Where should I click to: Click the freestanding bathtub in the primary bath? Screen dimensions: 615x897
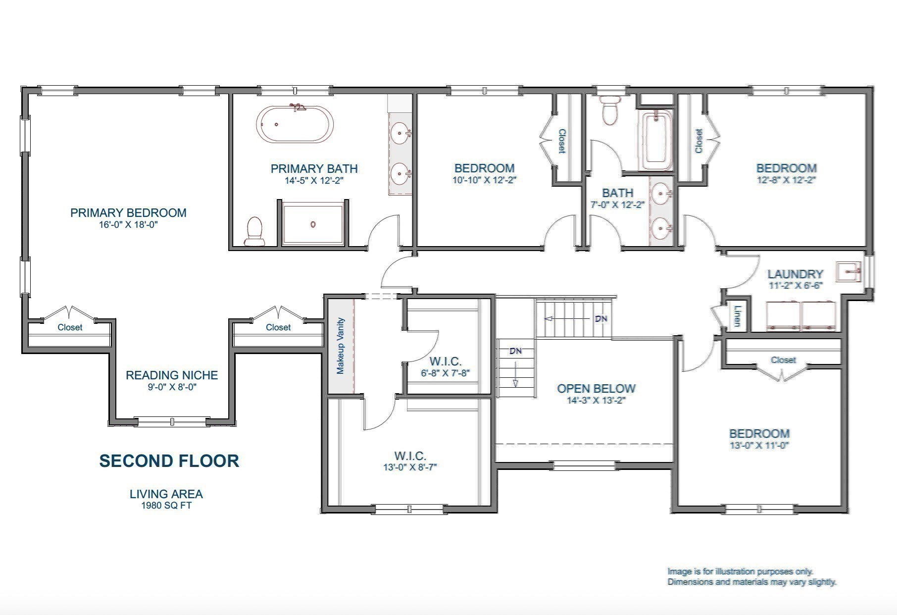pos(295,124)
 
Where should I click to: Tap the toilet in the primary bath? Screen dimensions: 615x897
pos(255,232)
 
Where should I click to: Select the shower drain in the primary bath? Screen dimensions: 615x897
pos(313,224)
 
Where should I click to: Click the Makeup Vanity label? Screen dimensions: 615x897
pos(341,346)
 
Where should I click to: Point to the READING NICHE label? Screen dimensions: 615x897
pos(172,375)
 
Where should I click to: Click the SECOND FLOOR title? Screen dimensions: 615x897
pos(169,461)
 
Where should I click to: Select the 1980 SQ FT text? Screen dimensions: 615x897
pos(166,506)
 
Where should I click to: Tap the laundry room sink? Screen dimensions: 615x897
pos(848,271)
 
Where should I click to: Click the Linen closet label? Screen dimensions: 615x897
pos(738,316)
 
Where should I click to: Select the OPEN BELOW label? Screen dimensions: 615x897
pos(596,389)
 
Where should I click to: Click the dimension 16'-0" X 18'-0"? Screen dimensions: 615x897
pos(128,224)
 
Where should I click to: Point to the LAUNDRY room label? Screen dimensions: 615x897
pos(795,274)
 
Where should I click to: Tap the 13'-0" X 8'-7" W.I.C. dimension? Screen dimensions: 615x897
pos(410,467)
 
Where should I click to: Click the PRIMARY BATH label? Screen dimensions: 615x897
pos(314,169)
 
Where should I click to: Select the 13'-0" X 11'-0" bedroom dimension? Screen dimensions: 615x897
pos(759,445)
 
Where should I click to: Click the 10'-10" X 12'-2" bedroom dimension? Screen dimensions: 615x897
pos(484,180)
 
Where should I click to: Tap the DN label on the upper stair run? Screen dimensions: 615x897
pos(601,319)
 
